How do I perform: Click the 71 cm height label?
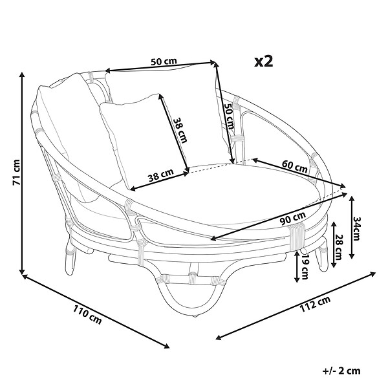pyautogui.click(x=16, y=172)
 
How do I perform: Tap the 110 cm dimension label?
pyautogui.click(x=87, y=315)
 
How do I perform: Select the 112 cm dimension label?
pyautogui.click(x=315, y=304)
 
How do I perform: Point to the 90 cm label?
pyautogui.click(x=293, y=219)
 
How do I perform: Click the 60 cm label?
pyautogui.click(x=294, y=166)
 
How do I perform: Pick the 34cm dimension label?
pyautogui.click(x=356, y=228)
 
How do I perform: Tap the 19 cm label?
pyautogui.click(x=305, y=267)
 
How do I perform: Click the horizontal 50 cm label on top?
pyautogui.click(x=164, y=61)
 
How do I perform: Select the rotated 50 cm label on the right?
pyautogui.click(x=229, y=116)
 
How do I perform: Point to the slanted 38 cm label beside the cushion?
pyautogui.click(x=180, y=130)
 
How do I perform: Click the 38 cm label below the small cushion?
pyautogui.click(x=161, y=175)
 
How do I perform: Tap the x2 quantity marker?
pyautogui.click(x=264, y=61)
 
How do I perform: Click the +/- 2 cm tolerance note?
pyautogui.click(x=341, y=371)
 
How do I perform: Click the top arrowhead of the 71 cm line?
pyautogui.click(x=22, y=75)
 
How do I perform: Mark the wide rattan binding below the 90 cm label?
pyautogui.click(x=297, y=235)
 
